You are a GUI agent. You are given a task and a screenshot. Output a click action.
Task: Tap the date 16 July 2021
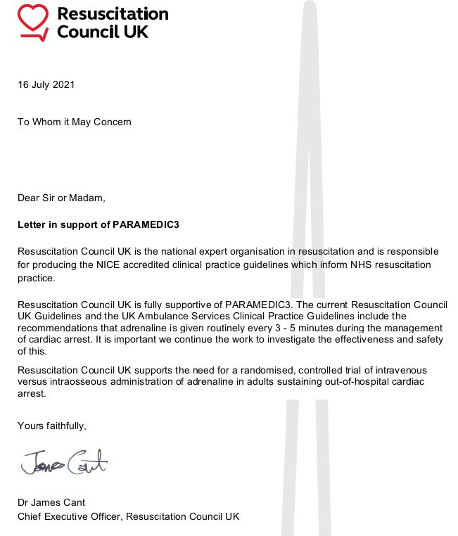click(46, 85)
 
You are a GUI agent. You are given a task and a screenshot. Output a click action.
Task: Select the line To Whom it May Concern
click(75, 122)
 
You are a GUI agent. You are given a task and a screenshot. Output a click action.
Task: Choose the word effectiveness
click(372, 340)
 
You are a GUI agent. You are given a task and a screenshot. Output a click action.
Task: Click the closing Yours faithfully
click(52, 426)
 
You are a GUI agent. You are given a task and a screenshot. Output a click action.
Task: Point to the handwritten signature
click(64, 463)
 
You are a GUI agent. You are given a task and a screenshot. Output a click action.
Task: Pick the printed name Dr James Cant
click(52, 503)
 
